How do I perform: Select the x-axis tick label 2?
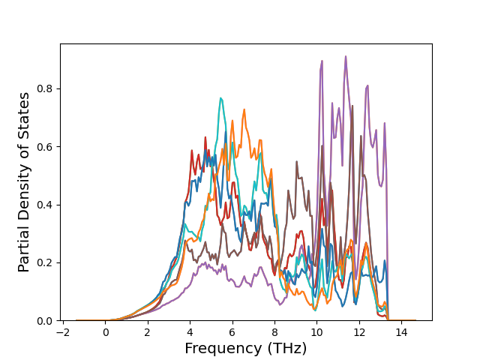(148, 332)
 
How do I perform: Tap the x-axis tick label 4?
(190, 332)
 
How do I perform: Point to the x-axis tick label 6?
(232, 332)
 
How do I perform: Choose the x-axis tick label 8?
(274, 332)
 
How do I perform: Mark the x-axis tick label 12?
(359, 332)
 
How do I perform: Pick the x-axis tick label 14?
(401, 332)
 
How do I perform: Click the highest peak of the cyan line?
(220, 97)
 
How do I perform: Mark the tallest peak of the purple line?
(346, 56)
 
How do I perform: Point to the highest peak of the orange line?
(244, 110)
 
